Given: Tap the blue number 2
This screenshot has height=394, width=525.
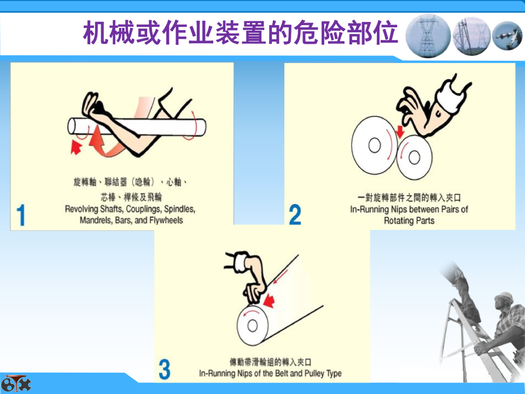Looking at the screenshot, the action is point(295,215).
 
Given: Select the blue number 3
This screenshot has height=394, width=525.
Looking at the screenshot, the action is point(165,369).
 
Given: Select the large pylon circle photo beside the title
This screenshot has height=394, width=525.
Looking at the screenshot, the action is point(428,36).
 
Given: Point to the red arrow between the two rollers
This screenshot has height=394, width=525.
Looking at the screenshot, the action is point(400,131).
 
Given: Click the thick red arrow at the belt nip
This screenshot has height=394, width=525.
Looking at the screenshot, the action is point(269,300).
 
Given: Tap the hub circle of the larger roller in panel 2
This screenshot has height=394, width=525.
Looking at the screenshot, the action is point(374,146).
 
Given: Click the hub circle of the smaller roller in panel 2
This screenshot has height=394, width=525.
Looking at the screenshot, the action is point(414,157).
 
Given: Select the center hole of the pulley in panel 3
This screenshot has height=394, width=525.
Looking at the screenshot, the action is point(252,325).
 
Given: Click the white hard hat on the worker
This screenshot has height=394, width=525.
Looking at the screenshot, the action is point(503,298).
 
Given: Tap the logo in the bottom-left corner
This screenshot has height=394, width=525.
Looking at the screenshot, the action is point(15,384).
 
